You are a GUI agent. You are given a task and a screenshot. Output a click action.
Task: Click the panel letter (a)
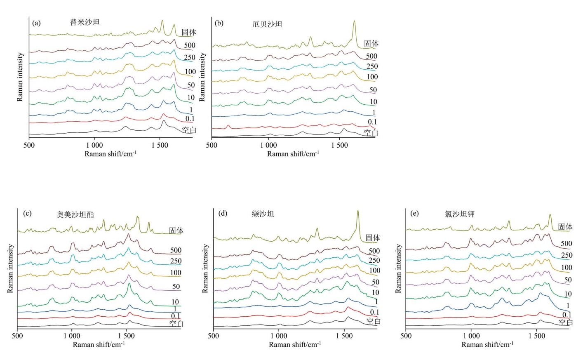click(36, 23)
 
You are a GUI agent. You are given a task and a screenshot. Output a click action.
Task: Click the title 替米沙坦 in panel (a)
click(85, 22)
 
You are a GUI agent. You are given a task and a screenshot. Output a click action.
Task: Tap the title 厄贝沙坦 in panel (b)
click(267, 24)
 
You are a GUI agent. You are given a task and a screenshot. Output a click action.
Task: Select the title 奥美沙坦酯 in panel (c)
click(75, 214)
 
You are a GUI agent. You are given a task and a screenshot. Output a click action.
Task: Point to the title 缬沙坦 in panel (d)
click(263, 214)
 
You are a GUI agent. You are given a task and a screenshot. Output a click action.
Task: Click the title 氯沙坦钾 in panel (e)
click(460, 214)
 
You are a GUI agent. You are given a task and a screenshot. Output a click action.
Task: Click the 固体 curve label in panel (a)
click(189, 32)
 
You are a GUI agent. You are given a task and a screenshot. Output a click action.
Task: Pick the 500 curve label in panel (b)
click(371, 56)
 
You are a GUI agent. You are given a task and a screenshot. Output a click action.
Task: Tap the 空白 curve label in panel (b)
click(371, 133)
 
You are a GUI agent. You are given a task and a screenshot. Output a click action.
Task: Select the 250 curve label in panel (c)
click(176, 261)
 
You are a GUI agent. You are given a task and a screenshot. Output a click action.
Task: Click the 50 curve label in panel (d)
click(375, 282)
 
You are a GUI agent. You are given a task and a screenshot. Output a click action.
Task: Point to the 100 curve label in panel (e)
click(567, 268)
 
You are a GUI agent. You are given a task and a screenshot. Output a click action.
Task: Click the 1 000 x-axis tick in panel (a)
click(94, 145)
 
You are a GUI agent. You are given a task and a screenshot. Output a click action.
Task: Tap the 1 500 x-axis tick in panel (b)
click(340, 145)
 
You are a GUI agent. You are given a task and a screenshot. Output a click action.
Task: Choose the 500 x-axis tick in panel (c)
click(17, 336)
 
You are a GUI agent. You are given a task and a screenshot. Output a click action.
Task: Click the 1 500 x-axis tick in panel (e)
click(536, 336)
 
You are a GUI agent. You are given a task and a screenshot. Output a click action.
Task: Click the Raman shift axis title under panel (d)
click(295, 345)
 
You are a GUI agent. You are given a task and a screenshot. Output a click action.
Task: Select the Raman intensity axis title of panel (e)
click(398, 268)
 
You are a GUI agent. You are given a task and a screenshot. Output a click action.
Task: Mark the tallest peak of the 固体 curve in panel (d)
click(358, 211)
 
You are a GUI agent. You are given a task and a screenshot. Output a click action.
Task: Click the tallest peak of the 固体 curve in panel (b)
click(354, 21)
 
